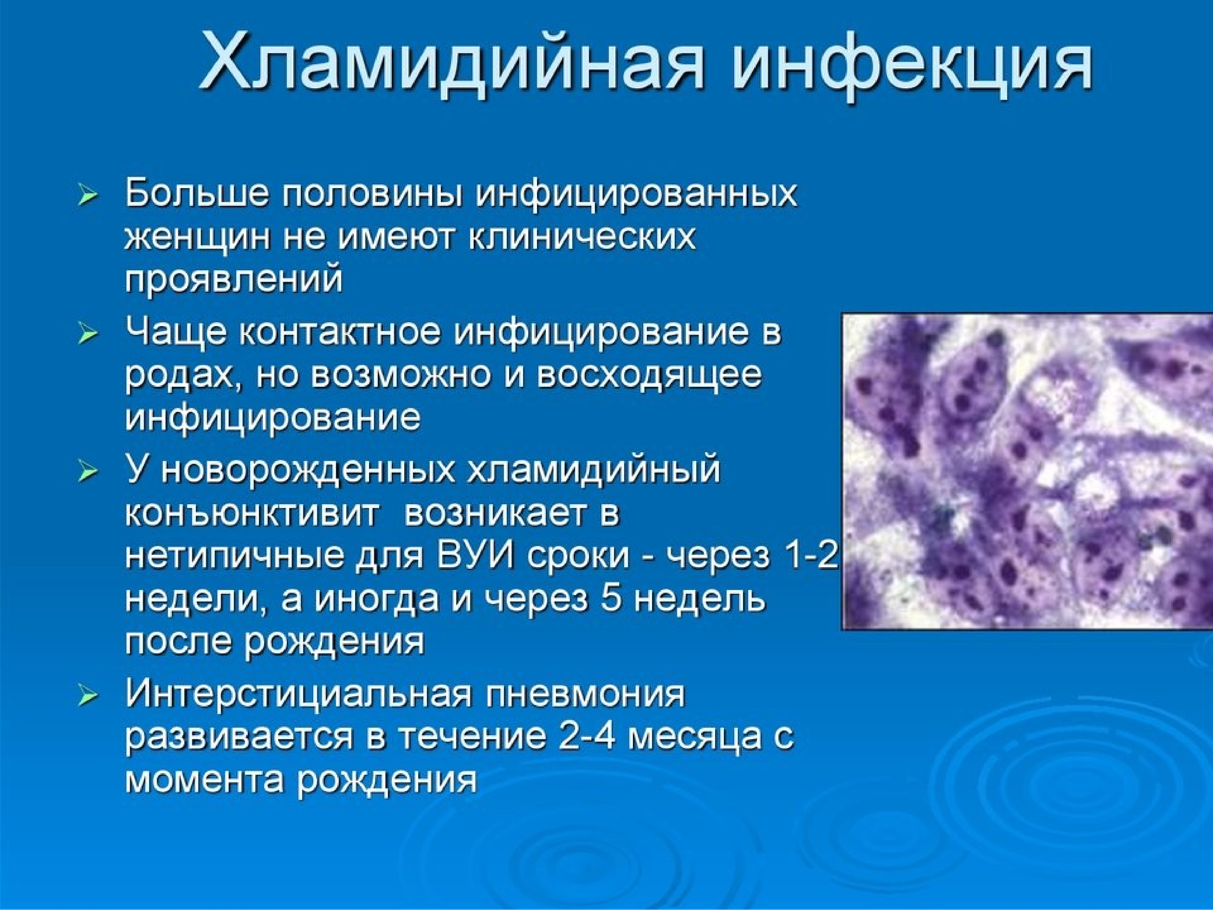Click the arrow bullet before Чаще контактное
click(x=88, y=333)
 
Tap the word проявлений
click(x=234, y=280)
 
